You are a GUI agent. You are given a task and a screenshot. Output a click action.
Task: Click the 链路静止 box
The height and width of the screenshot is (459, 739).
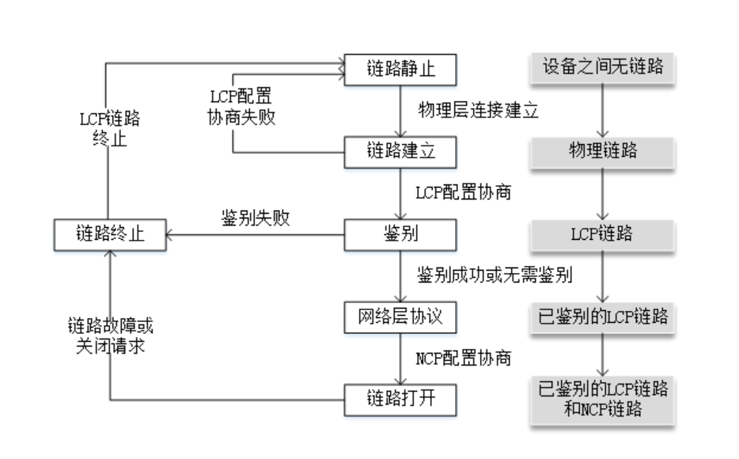tap(400, 69)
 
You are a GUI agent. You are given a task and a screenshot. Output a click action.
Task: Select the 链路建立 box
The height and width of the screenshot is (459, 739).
tap(400, 151)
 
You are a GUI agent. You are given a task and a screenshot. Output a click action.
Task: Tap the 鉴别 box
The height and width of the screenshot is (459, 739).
tap(400, 233)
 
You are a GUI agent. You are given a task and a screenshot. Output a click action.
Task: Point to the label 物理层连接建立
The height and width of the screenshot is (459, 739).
tap(478, 110)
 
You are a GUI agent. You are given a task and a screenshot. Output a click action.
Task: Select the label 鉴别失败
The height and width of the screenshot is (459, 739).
tap(254, 219)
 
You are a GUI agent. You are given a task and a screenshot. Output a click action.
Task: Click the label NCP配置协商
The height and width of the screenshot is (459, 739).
tap(463, 358)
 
